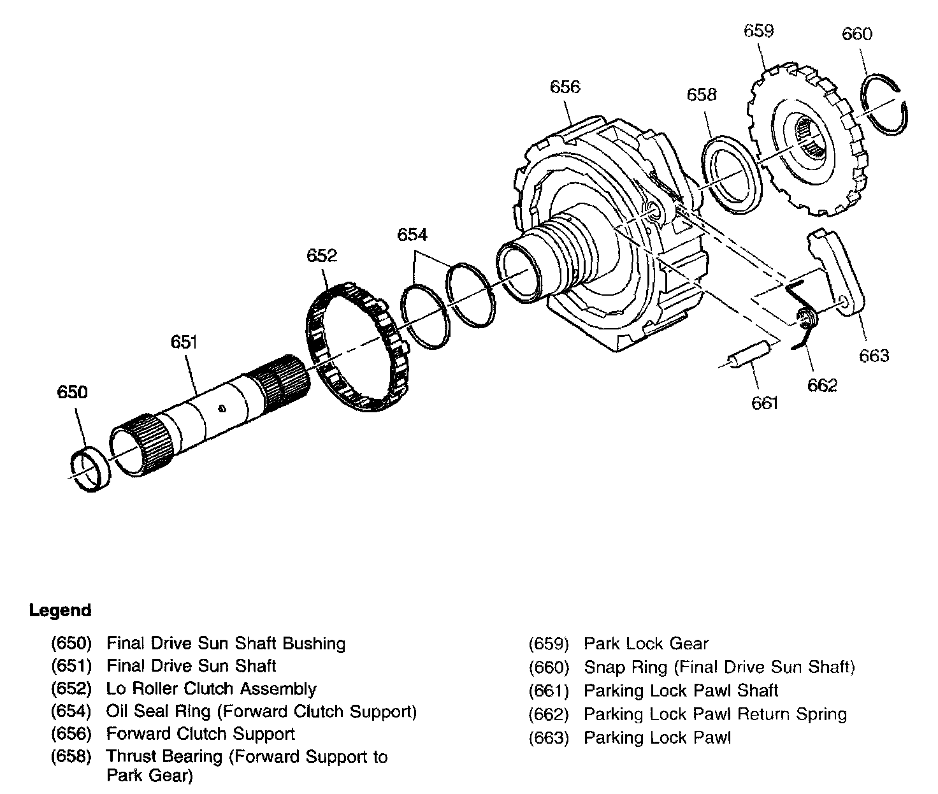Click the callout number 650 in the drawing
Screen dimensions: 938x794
tap(72, 391)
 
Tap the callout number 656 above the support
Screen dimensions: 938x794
tap(565, 87)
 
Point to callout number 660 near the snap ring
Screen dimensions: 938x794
tap(857, 34)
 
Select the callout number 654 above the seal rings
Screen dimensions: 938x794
tap(412, 235)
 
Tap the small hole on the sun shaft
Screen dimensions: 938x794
tap(222, 409)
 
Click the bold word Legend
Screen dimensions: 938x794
tap(61, 610)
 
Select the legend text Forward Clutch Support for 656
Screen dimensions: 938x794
tap(200, 733)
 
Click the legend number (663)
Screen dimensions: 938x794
tap(549, 738)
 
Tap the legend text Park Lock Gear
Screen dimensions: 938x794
tap(646, 644)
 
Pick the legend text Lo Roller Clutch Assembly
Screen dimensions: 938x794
tap(211, 689)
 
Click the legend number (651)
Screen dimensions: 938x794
tap(71, 666)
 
